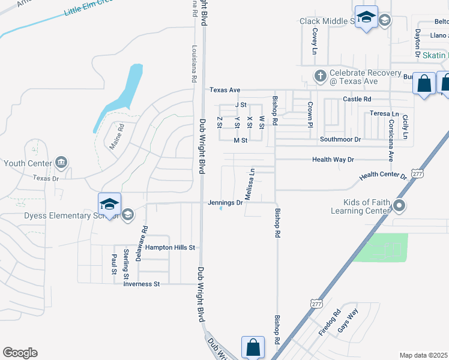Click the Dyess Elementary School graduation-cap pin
pos(110,205)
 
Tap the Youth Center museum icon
pos(61,163)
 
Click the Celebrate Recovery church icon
pos(320,76)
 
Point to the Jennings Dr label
pos(226,203)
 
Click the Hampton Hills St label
pos(170,247)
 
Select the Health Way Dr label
pos(334,160)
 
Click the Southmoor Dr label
pos(340,139)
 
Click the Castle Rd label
pos(357,99)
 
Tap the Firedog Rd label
pos(329,322)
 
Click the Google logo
pos(20,353)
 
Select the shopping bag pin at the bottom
pos(253,347)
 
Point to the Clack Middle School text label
pos(327,22)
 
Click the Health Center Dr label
pos(383,176)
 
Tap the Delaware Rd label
pos(145,238)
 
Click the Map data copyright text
pos(424,355)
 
